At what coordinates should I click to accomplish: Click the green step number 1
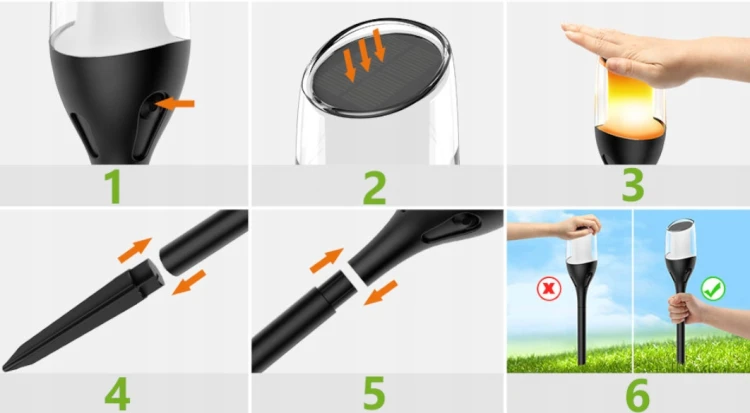pyautogui.click(x=113, y=187)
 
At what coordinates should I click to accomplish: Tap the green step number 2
pyautogui.click(x=375, y=188)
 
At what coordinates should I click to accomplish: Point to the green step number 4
pyautogui.click(x=117, y=393)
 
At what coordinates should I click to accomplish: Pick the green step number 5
pyautogui.click(x=374, y=393)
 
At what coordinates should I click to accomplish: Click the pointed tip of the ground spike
pyautogui.click(x=6, y=368)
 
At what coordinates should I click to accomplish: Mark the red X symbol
pyautogui.click(x=549, y=289)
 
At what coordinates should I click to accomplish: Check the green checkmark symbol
pyautogui.click(x=713, y=289)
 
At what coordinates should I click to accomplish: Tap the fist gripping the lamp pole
pyautogui.click(x=684, y=309)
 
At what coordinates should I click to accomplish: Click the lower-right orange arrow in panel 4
pyautogui.click(x=189, y=282)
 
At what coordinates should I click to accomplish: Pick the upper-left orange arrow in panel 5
pyautogui.click(x=327, y=260)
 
